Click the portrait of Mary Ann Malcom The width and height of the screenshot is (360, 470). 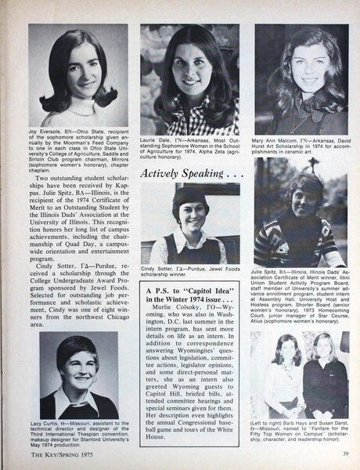point(301,77)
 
